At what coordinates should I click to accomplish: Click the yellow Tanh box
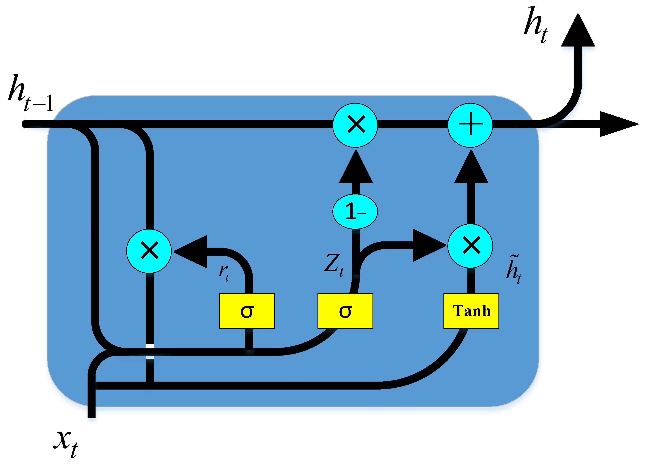(x=471, y=311)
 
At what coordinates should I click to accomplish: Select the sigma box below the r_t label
(x=247, y=311)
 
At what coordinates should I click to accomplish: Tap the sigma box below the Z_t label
(x=345, y=311)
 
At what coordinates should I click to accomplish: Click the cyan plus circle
(x=470, y=125)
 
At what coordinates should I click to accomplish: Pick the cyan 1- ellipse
(x=355, y=211)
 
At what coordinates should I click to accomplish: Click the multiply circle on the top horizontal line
(x=355, y=125)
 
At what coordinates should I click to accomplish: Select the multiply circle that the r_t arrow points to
(x=149, y=251)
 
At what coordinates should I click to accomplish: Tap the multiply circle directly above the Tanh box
(x=470, y=246)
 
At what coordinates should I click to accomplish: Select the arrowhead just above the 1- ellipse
(x=356, y=169)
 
